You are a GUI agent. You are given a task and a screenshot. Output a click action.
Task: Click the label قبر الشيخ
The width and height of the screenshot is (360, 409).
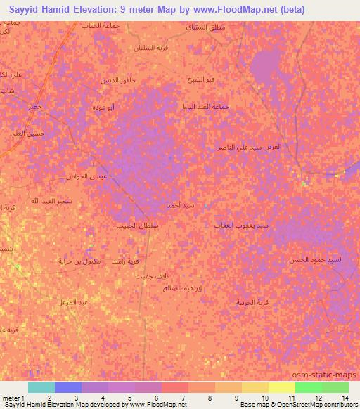pyautogui.click(x=201, y=79)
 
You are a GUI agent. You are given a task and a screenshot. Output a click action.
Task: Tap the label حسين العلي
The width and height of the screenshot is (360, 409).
pyautogui.click(x=31, y=133)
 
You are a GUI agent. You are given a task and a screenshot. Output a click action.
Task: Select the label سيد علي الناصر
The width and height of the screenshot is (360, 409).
pyautogui.click(x=240, y=148)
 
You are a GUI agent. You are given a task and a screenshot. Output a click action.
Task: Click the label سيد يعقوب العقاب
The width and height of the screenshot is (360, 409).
pyautogui.click(x=242, y=226)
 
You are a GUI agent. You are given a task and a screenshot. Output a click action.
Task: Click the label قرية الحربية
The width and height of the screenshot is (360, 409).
pyautogui.click(x=252, y=302)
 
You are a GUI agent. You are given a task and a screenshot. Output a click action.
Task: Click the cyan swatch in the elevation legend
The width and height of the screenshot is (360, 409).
pyautogui.click(x=41, y=387)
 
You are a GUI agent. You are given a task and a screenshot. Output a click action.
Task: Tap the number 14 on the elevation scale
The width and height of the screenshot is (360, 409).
pyautogui.click(x=345, y=397)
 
